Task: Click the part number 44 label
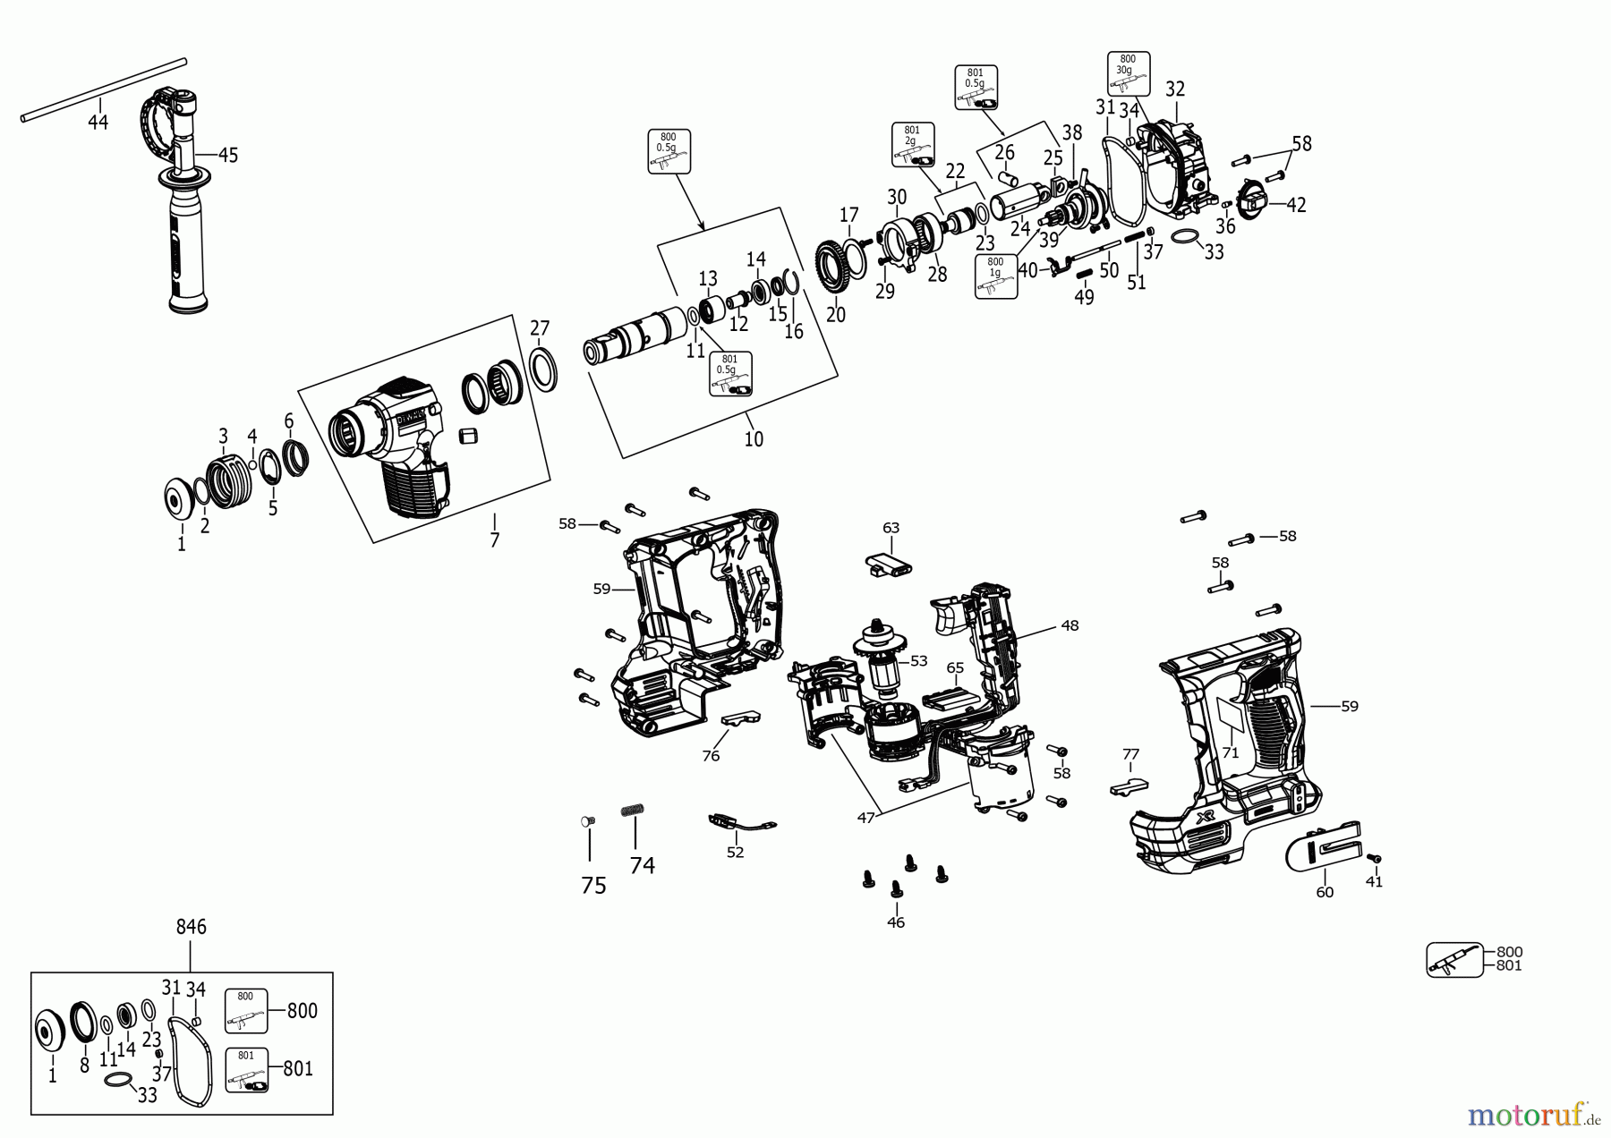[x=98, y=122]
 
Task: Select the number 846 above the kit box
[x=191, y=927]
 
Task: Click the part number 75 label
[x=593, y=886]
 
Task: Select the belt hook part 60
[x=1324, y=853]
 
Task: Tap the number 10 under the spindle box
[x=754, y=438]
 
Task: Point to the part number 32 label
[x=1175, y=89]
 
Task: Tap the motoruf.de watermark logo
[x=1533, y=1115]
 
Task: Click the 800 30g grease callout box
[x=1127, y=73]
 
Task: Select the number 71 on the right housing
[x=1231, y=752]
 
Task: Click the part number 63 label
[x=891, y=528]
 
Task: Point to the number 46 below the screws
[x=896, y=922]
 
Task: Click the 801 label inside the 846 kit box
[x=298, y=1068]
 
